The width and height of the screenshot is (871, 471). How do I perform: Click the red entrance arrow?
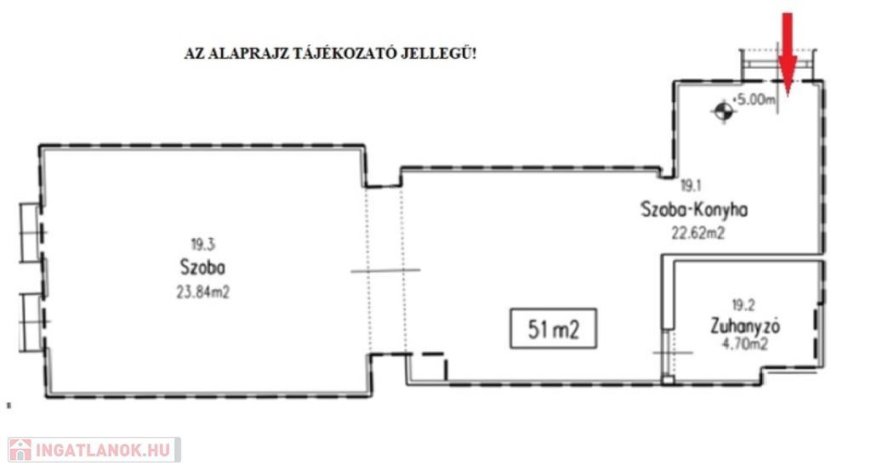coord(787,54)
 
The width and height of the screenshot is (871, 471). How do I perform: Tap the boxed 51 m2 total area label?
coord(553,329)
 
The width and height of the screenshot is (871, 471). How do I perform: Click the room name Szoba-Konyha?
coord(694,209)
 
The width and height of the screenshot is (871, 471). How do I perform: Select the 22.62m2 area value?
coord(698,233)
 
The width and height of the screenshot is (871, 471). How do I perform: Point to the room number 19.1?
coord(691,185)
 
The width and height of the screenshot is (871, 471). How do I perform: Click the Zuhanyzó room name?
coord(745,326)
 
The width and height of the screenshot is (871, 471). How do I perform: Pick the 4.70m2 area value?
coord(744,344)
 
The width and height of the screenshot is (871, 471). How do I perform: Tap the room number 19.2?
coord(743,305)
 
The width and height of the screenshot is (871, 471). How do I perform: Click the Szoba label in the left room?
coord(202,267)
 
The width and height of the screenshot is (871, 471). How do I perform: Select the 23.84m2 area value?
coord(202,292)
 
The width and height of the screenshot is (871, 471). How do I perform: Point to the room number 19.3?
coord(202,244)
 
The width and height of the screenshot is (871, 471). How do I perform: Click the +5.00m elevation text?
coord(754,100)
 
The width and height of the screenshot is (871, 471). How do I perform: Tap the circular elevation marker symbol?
coord(723,112)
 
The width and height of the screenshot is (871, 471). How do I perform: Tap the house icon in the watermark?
coord(20,450)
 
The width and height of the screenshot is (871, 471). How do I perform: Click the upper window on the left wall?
coord(31,232)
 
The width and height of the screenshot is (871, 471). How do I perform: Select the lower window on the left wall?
coord(32,322)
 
